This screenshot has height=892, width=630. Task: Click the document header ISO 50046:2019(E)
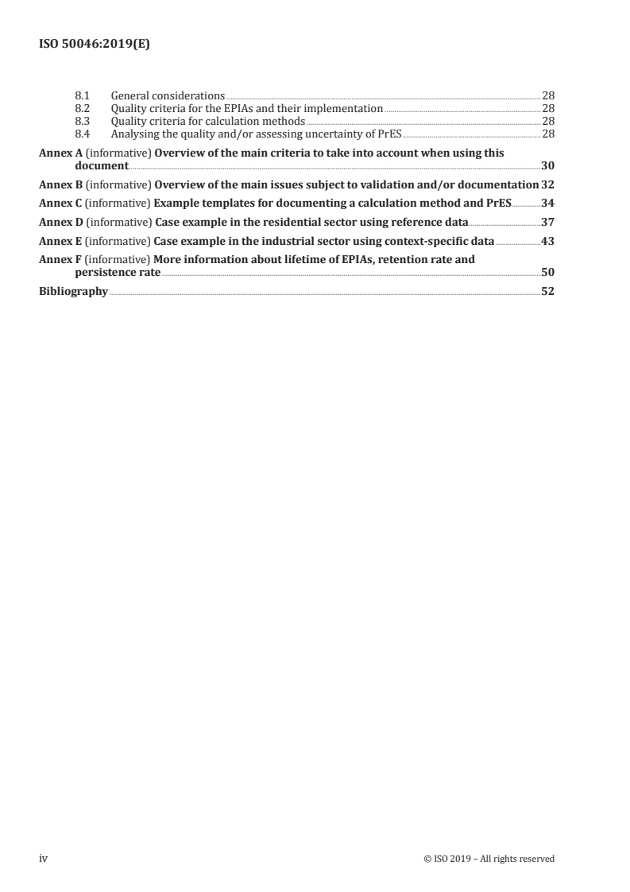pyautogui.click(x=95, y=45)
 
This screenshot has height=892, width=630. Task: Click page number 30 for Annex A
pyautogui.click(x=547, y=166)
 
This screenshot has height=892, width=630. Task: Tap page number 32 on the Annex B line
pyautogui.click(x=547, y=185)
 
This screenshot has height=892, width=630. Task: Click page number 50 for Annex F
pyautogui.click(x=547, y=272)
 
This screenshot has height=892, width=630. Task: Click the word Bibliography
pyautogui.click(x=73, y=291)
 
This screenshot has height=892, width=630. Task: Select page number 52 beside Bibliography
pyautogui.click(x=547, y=291)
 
